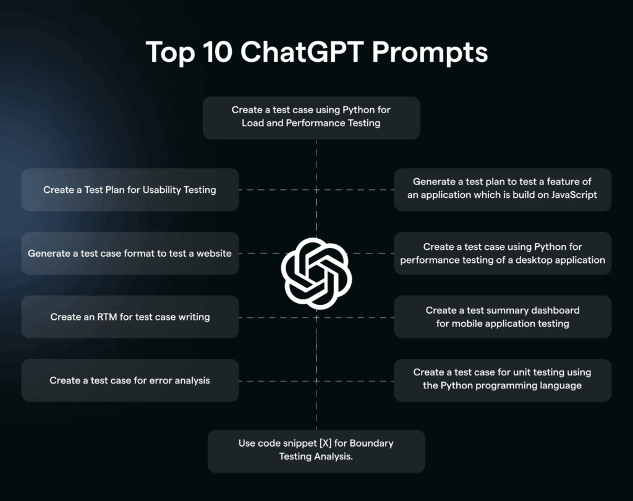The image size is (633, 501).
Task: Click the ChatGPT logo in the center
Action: pos(316,272)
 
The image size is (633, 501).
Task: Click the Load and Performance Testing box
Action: pos(311,117)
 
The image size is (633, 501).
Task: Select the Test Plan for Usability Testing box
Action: pos(130,190)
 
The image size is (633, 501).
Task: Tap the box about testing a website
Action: pos(130,253)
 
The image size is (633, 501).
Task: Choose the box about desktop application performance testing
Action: pos(502,253)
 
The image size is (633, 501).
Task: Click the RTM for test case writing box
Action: pos(130,317)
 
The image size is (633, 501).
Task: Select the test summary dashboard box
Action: pos(502,317)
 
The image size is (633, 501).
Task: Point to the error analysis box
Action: pos(130,380)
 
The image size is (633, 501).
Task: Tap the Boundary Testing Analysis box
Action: pos(316,450)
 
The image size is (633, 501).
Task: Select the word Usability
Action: pos(162,190)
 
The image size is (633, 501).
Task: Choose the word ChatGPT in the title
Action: pos(300,53)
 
